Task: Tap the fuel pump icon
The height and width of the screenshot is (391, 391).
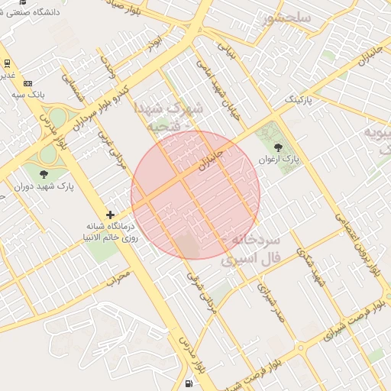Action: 189,383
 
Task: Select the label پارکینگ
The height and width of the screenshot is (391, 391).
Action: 299,100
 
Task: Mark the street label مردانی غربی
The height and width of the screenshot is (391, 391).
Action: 111,149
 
